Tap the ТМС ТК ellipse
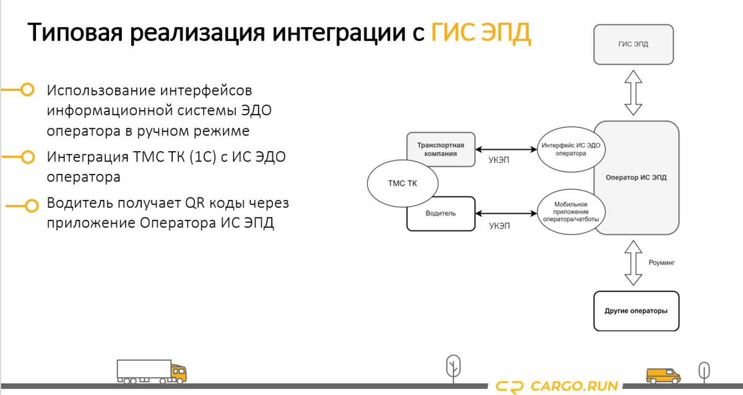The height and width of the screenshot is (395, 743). (402, 183)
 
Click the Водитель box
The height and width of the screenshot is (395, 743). (441, 214)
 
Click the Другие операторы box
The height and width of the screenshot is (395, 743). (636, 310)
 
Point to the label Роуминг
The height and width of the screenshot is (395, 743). (661, 263)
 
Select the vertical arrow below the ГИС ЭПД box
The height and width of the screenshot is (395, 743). (633, 92)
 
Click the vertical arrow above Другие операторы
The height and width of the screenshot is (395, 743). (633, 263)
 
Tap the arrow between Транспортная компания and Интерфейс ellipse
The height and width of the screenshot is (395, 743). (506, 149)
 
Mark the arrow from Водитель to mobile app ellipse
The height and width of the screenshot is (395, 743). (506, 214)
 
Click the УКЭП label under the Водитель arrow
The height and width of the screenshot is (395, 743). (500, 227)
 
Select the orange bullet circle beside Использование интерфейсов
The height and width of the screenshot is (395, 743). (27, 90)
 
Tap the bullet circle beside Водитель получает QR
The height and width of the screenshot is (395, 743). (27, 204)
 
